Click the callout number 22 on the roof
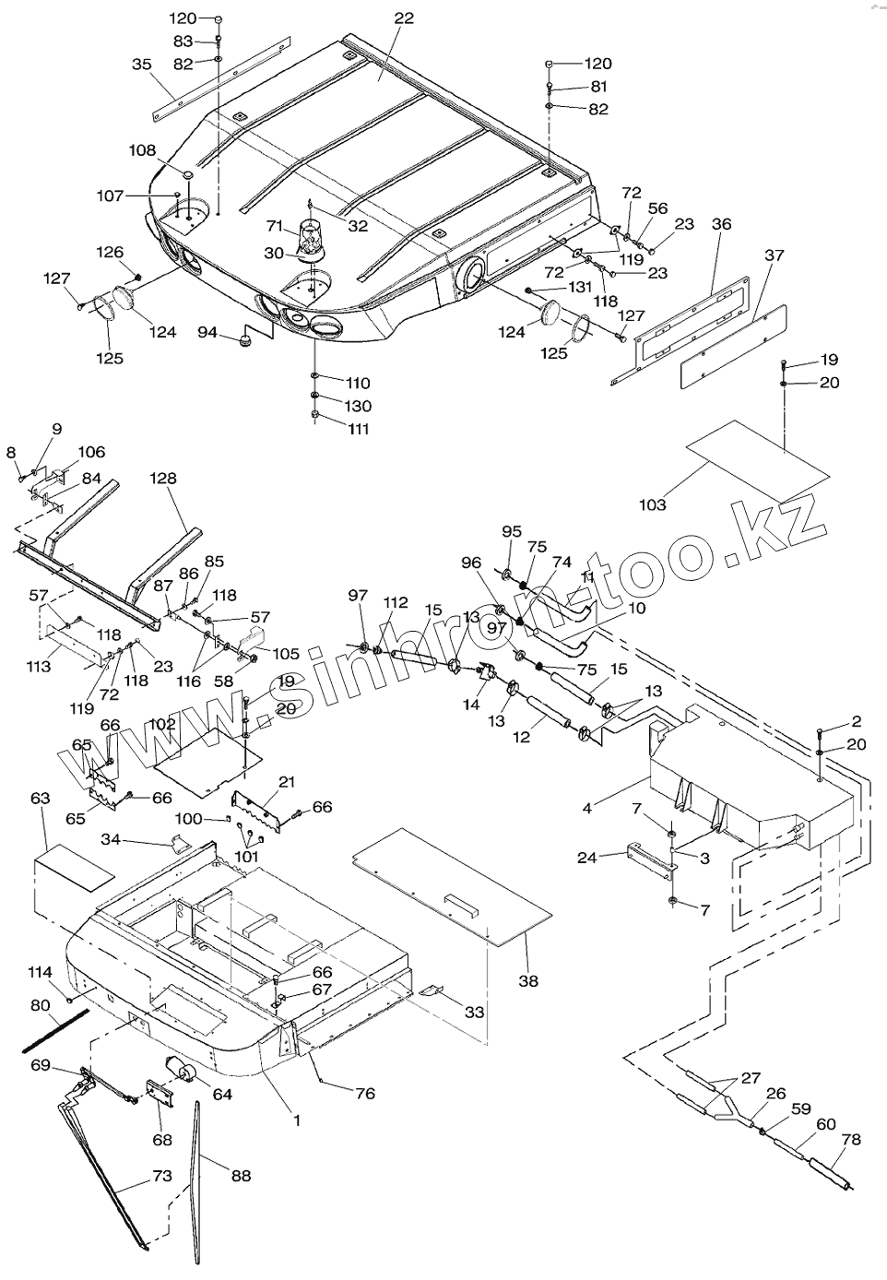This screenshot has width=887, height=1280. click(x=404, y=18)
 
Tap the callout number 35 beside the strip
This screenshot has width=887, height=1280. click(x=141, y=65)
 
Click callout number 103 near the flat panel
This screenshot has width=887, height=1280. click(x=652, y=504)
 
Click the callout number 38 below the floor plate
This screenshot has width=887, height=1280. click(x=527, y=982)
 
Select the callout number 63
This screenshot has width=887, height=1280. click(x=40, y=798)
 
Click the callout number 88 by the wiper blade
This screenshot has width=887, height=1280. click(x=241, y=1176)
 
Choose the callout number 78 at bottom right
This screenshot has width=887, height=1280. click(x=850, y=1140)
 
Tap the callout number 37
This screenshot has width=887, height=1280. click(x=775, y=255)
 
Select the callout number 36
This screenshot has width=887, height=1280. click(x=721, y=223)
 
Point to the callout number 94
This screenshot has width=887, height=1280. click(x=207, y=332)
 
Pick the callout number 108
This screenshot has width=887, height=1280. click(x=141, y=149)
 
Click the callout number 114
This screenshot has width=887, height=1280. click(x=40, y=972)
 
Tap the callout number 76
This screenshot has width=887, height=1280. click(x=365, y=1094)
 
